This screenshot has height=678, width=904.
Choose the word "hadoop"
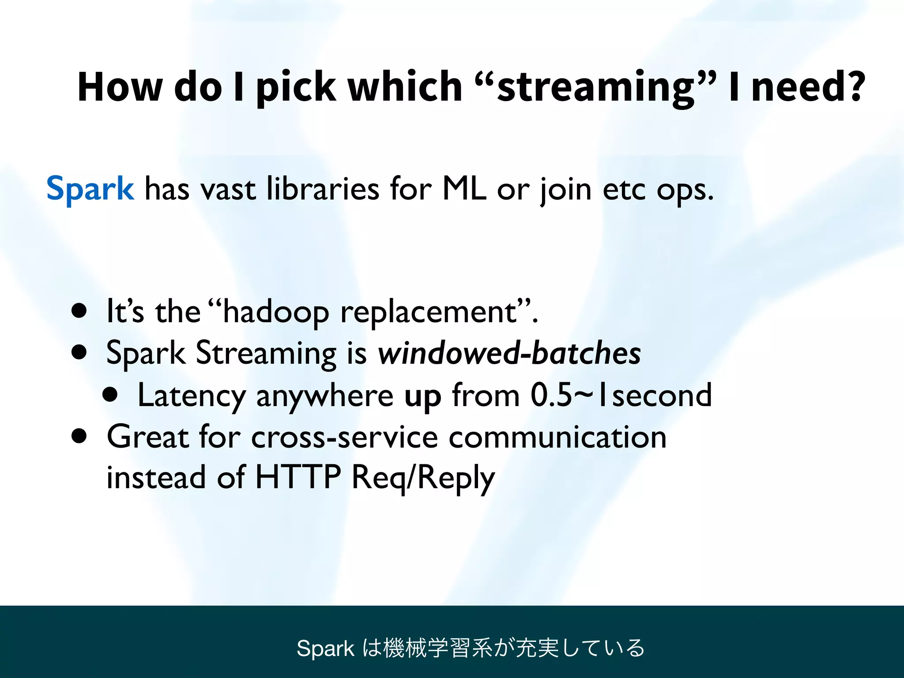[x=276, y=313]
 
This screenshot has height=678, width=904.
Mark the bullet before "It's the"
[x=79, y=311]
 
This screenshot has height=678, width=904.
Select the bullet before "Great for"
[x=79, y=436]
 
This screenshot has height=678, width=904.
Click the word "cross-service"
[x=345, y=437]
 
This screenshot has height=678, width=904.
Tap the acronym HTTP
[x=298, y=477]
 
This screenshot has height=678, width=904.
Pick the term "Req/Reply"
[x=423, y=478]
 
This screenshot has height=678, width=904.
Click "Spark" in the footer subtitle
[x=325, y=648]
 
